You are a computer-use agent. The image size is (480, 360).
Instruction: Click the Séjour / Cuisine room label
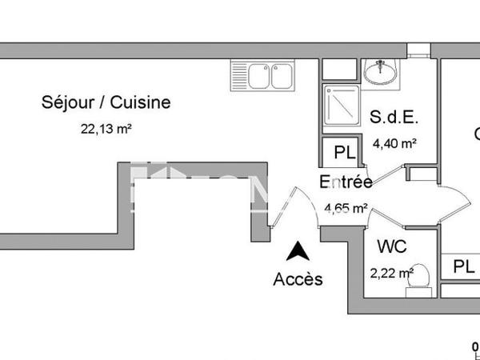click(x=106, y=102)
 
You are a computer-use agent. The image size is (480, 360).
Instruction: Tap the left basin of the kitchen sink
click(x=258, y=77)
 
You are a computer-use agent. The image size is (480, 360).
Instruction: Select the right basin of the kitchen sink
click(x=282, y=77)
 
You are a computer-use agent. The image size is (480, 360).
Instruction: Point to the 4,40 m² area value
click(x=395, y=144)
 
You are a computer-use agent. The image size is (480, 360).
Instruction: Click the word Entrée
click(x=346, y=182)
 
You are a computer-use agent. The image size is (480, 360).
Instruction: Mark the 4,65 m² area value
click(x=346, y=208)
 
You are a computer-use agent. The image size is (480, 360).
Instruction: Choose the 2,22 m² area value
click(x=391, y=273)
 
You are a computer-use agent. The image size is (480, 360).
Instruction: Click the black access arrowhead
click(x=298, y=251)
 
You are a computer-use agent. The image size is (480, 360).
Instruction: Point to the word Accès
click(x=298, y=279)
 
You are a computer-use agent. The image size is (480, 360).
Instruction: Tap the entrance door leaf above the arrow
click(x=282, y=210)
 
